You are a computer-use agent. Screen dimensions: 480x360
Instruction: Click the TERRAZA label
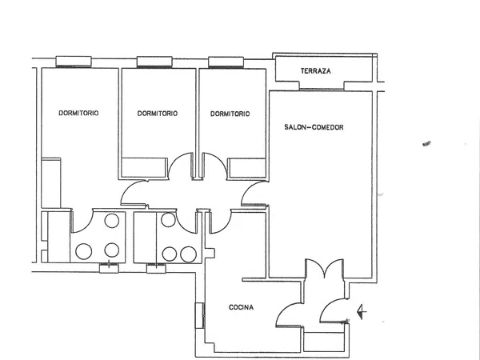point(316,71)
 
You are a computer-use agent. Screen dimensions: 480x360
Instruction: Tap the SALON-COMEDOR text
point(314,127)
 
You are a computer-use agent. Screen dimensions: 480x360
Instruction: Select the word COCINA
point(242,307)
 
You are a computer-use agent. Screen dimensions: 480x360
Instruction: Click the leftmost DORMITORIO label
point(78,113)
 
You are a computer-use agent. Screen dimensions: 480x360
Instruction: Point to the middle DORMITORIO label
point(158,114)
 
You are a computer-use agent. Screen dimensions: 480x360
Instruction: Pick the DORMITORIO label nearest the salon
point(230,114)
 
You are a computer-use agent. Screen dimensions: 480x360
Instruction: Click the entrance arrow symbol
point(362,312)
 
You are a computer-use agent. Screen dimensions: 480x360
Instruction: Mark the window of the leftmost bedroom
point(74,62)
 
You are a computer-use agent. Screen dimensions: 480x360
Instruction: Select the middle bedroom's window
point(154,62)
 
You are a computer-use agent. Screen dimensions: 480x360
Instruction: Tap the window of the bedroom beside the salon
point(226,62)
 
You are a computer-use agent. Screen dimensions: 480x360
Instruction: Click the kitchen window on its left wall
point(199,316)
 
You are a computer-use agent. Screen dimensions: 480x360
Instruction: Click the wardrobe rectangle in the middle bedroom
point(144,167)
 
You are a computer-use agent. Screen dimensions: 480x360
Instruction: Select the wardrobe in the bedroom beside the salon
point(246,168)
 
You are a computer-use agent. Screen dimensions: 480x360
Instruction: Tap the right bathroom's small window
point(156,268)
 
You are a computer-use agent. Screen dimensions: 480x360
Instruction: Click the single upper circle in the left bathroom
point(112,221)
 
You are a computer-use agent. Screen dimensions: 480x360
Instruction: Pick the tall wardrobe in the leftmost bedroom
point(51,182)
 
